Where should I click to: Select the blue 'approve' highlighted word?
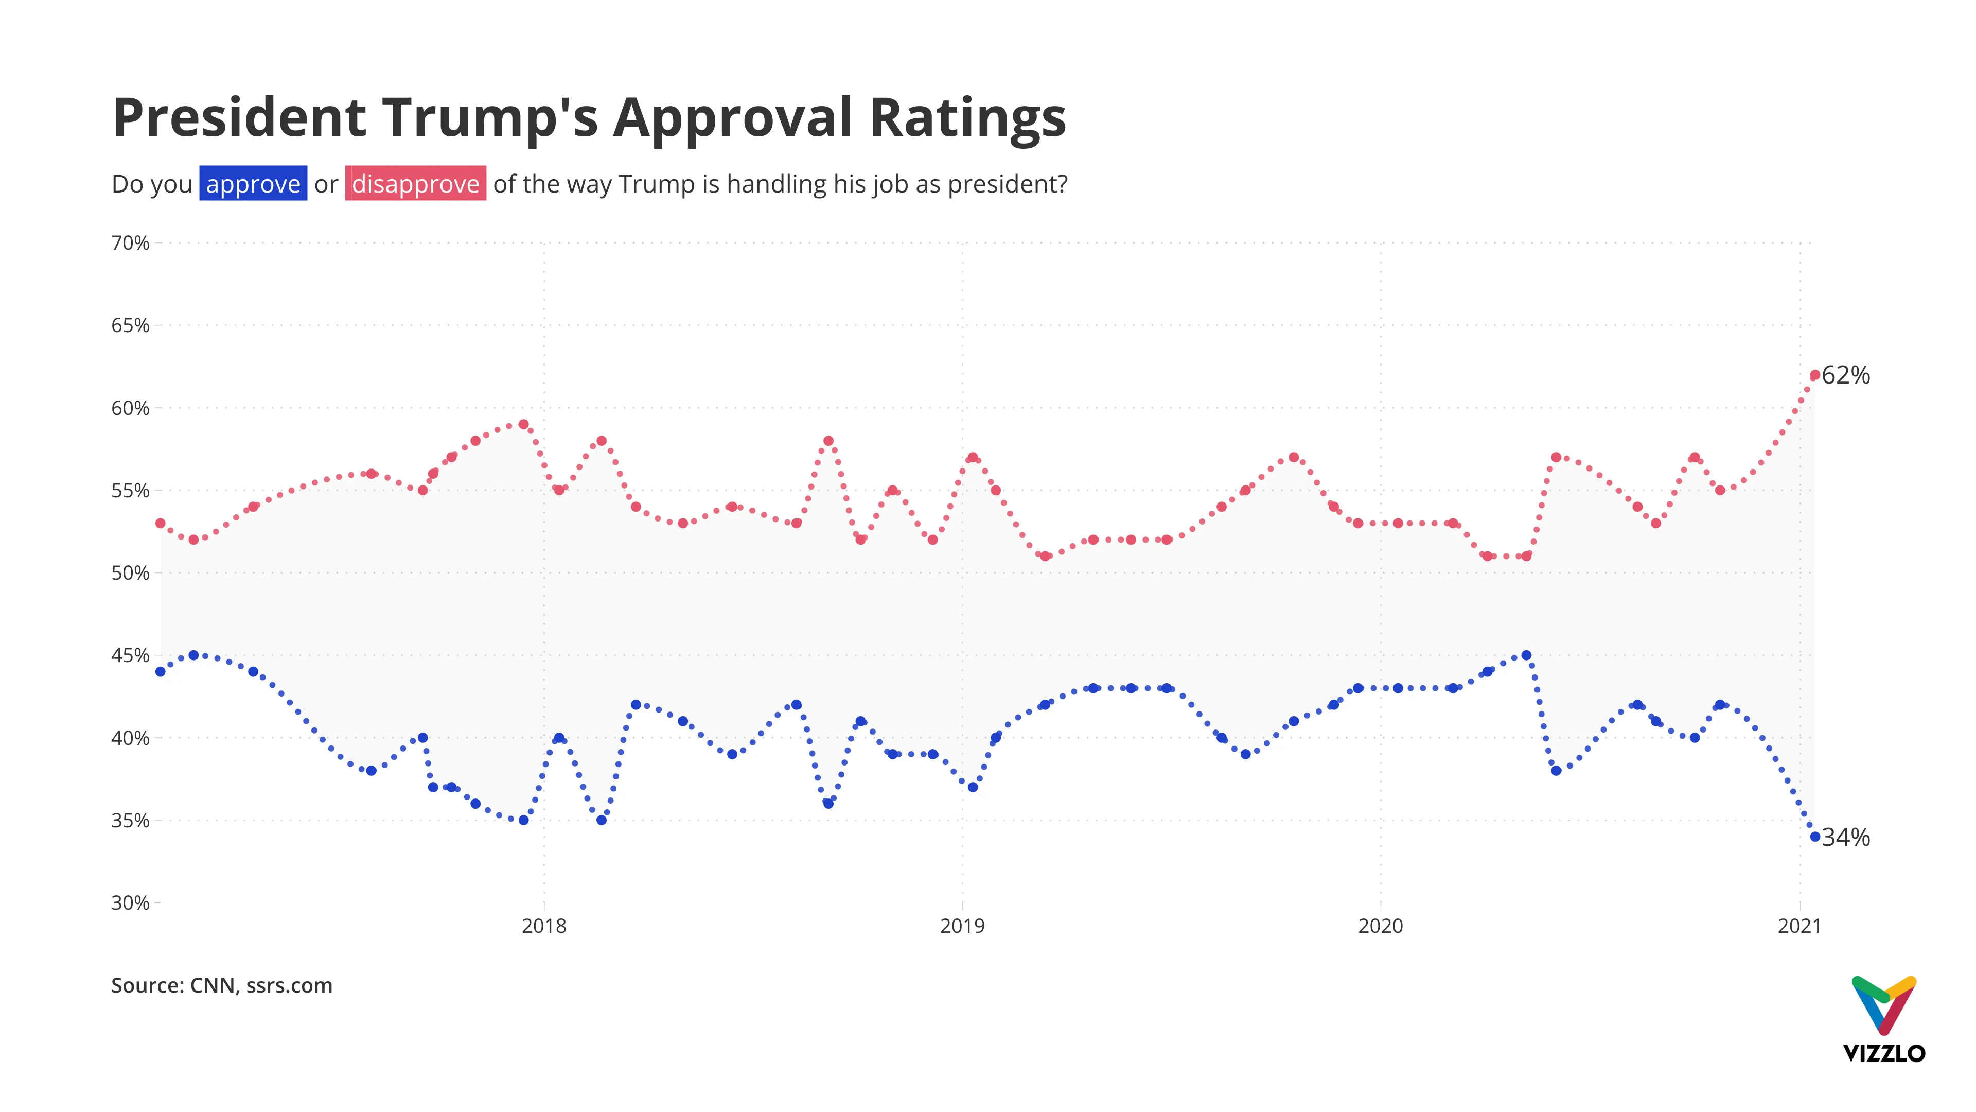coord(253,184)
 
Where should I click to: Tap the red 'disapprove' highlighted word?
coord(415,184)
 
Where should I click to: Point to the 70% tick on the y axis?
coord(130,244)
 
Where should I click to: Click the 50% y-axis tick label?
coord(130,574)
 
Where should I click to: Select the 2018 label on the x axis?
coord(544,926)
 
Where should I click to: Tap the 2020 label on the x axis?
coord(1380,926)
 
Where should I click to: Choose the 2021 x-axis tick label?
coord(1799,926)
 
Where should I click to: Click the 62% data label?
coord(1846,375)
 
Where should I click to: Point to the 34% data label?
coord(1846,837)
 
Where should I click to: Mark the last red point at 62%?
coord(1815,375)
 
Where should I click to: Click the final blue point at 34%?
coord(1815,837)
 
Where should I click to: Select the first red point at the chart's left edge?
coord(161,524)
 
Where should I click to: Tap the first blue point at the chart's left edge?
coord(161,671)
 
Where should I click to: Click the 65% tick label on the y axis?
coord(130,325)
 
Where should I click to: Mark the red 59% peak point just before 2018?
coord(523,424)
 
